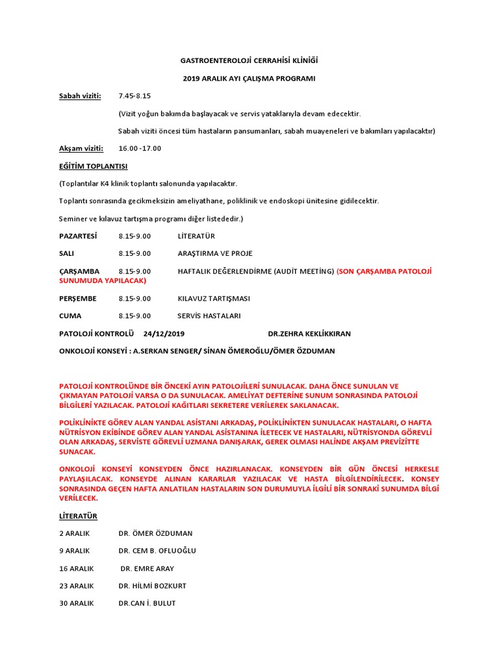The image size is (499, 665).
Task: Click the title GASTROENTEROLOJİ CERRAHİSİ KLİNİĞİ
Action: [249, 60]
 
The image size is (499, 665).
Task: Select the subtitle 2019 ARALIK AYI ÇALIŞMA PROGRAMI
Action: [249, 78]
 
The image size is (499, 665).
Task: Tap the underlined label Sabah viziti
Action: [81, 96]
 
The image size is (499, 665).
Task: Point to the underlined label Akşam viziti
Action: [81, 149]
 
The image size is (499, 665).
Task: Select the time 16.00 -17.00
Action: [140, 149]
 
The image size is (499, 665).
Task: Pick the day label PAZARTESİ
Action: [78, 236]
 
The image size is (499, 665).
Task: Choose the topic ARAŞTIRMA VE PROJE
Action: [215, 254]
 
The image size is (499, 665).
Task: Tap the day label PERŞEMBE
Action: [78, 299]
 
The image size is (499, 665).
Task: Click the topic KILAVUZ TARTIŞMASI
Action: [214, 299]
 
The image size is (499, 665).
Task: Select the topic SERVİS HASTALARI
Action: [209, 316]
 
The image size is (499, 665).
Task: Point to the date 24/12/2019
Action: [164, 334]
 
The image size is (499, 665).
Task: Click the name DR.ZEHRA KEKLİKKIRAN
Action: [309, 334]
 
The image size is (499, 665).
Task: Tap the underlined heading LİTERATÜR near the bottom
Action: [78, 516]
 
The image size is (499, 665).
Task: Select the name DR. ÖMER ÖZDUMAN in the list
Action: [155, 534]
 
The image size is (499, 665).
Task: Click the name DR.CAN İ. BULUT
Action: [147, 604]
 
